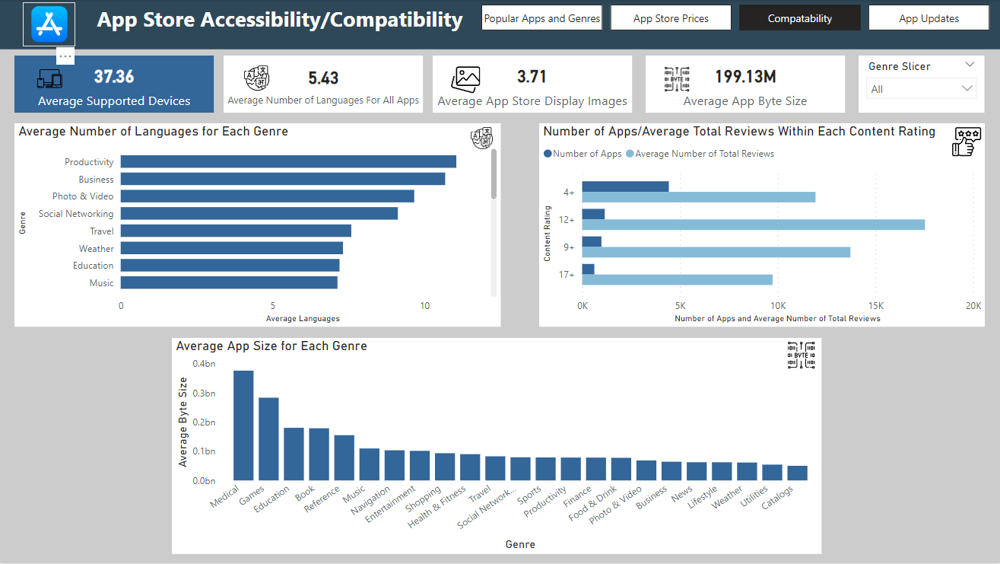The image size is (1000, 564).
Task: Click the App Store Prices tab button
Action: pyautogui.click(x=671, y=18)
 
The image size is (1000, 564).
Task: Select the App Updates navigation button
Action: pyautogui.click(x=929, y=18)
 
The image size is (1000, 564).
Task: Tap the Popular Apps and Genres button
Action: pyautogui.click(x=541, y=18)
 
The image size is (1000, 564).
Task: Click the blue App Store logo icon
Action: pyautogui.click(x=49, y=23)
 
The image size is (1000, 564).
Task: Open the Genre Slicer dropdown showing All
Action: pyautogui.click(x=921, y=89)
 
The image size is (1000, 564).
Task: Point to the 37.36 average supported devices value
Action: pyautogui.click(x=114, y=76)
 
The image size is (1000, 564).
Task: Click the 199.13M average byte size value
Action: pyautogui.click(x=745, y=76)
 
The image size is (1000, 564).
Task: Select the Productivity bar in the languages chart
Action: pyautogui.click(x=288, y=161)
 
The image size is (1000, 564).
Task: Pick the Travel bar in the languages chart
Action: pyautogui.click(x=236, y=231)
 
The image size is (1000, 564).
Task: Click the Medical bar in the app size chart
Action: pyautogui.click(x=243, y=425)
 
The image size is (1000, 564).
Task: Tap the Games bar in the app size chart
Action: pyautogui.click(x=268, y=439)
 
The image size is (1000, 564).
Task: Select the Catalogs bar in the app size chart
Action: pyautogui.click(x=797, y=473)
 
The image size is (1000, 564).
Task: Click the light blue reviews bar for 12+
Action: pyautogui.click(x=753, y=225)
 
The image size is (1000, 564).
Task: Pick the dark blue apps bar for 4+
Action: pyautogui.click(x=625, y=186)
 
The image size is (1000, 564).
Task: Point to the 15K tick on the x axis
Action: pyautogui.click(x=875, y=306)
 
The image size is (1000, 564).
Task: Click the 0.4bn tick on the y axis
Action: pyautogui.click(x=204, y=364)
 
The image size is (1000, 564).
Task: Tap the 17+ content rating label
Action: pyautogui.click(x=567, y=274)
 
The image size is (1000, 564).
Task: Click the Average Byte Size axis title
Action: pyautogui.click(x=183, y=422)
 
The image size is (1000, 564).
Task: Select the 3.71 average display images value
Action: pyautogui.click(x=532, y=76)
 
